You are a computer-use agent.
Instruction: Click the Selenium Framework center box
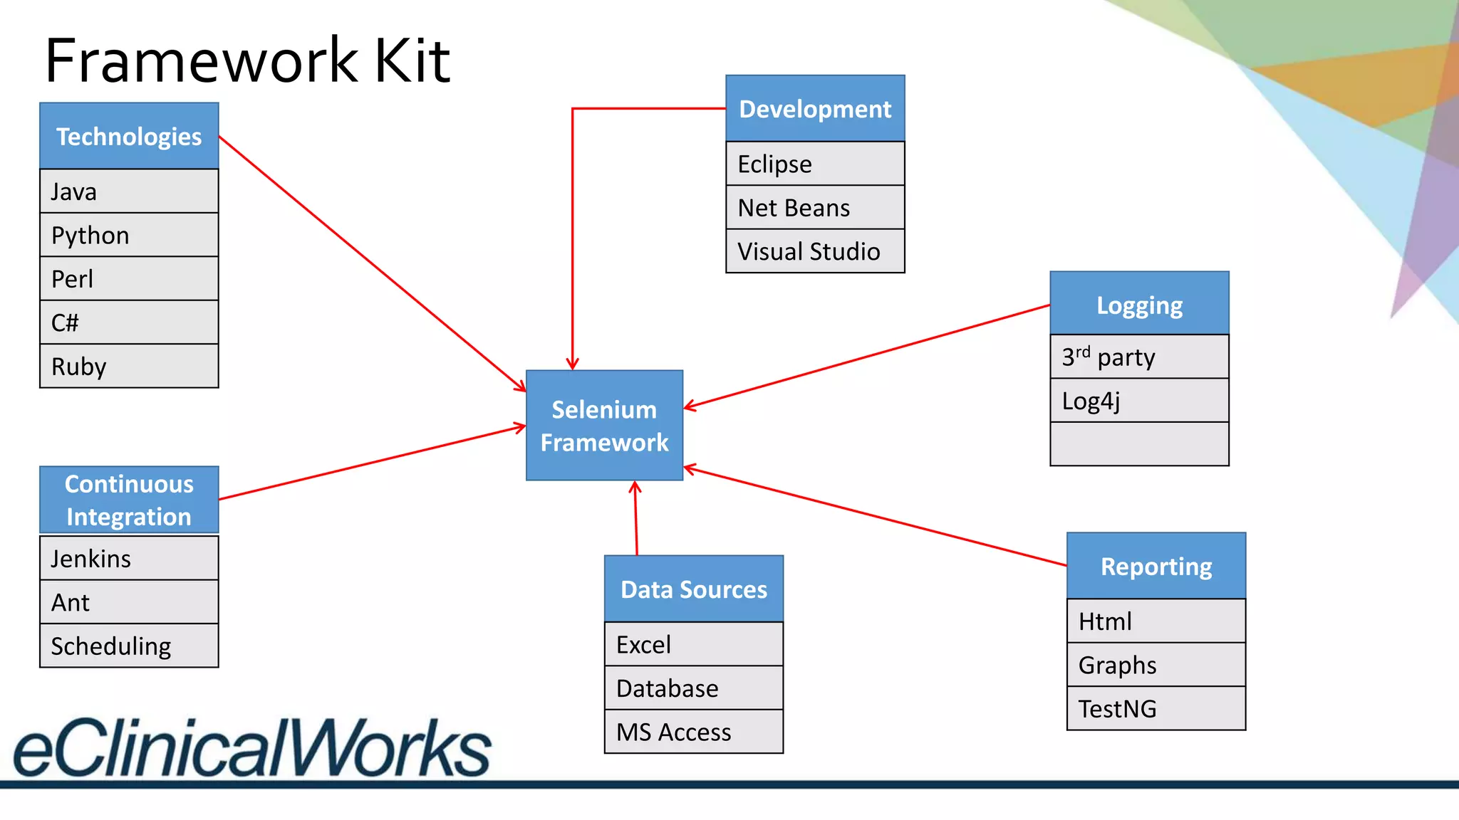pyautogui.click(x=604, y=425)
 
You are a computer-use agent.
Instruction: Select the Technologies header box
pyautogui.click(x=129, y=136)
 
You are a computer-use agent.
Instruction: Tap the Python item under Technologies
pyautogui.click(x=129, y=235)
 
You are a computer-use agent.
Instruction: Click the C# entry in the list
pyautogui.click(x=129, y=322)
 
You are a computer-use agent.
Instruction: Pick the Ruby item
pyautogui.click(x=129, y=366)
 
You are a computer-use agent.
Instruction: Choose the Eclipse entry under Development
pyautogui.click(x=815, y=164)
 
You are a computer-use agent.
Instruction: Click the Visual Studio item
pyautogui.click(x=815, y=251)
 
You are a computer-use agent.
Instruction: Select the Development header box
pyautogui.click(x=815, y=109)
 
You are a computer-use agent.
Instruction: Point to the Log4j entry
pyautogui.click(x=1139, y=401)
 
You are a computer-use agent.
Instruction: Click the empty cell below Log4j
pyautogui.click(x=1139, y=444)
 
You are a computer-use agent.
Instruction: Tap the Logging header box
pyautogui.click(x=1139, y=305)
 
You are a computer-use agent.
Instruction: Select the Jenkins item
pyautogui.click(x=129, y=559)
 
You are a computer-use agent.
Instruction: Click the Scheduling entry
pyautogui.click(x=129, y=646)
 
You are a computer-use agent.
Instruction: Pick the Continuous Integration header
pyautogui.click(x=129, y=500)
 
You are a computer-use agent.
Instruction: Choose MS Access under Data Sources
pyautogui.click(x=693, y=732)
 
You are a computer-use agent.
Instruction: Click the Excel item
pyautogui.click(x=693, y=644)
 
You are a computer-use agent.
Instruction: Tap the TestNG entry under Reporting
pyautogui.click(x=1156, y=708)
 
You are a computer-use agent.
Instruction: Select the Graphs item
pyautogui.click(x=1156, y=665)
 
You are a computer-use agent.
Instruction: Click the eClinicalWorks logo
pyautogui.click(x=252, y=747)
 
